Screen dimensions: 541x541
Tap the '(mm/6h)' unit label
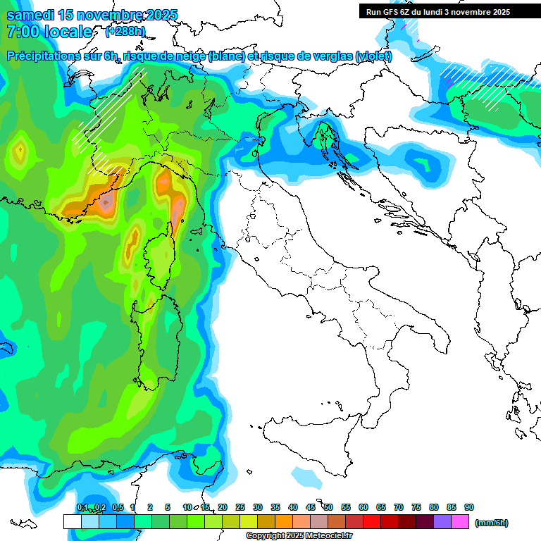[491, 523]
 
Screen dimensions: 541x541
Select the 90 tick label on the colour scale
[469, 507]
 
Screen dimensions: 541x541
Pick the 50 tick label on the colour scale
[328, 507]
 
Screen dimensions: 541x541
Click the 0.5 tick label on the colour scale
[117, 507]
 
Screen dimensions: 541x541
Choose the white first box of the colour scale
[72, 521]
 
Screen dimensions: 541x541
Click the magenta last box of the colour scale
[461, 521]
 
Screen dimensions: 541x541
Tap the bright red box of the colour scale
[372, 521]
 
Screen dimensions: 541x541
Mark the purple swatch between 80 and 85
[443, 521]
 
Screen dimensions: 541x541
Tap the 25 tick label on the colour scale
[240, 507]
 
